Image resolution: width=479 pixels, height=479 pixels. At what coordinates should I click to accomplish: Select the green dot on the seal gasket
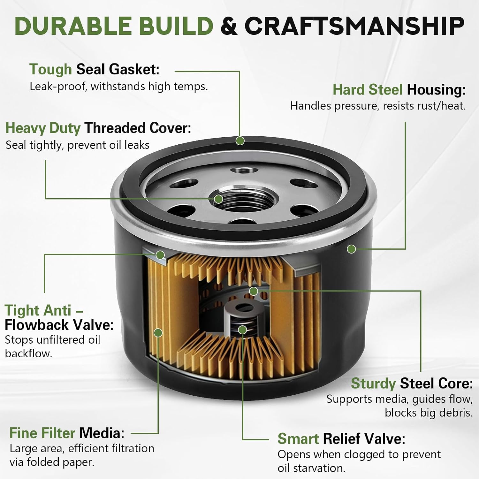240,141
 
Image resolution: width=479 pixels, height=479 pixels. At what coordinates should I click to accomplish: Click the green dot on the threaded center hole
218,199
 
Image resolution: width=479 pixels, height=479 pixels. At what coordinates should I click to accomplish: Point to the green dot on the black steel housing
351,249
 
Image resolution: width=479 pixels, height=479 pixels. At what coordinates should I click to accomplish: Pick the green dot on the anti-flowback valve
160,255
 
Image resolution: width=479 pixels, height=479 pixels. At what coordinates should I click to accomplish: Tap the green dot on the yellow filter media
158,333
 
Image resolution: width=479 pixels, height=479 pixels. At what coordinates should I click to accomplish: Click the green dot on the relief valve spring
242,330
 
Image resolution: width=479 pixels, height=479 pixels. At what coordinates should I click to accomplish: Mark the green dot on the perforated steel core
254,291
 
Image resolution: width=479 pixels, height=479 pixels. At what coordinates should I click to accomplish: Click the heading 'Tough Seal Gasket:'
94,69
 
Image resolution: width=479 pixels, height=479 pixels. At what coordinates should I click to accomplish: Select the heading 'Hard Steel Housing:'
399,89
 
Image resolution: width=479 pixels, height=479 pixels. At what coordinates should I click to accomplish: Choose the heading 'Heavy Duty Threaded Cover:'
98,128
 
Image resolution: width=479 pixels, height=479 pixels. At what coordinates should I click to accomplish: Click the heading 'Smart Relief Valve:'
341,439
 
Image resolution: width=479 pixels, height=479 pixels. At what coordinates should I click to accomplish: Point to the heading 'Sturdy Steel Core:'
412,383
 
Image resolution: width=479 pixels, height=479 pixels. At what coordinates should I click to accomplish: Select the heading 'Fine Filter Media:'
67,433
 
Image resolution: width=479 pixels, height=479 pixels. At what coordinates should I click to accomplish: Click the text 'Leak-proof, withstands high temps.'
119,87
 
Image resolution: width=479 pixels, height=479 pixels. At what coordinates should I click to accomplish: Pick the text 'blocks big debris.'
429,413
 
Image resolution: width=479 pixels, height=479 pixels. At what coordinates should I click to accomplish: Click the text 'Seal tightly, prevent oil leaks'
78,145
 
